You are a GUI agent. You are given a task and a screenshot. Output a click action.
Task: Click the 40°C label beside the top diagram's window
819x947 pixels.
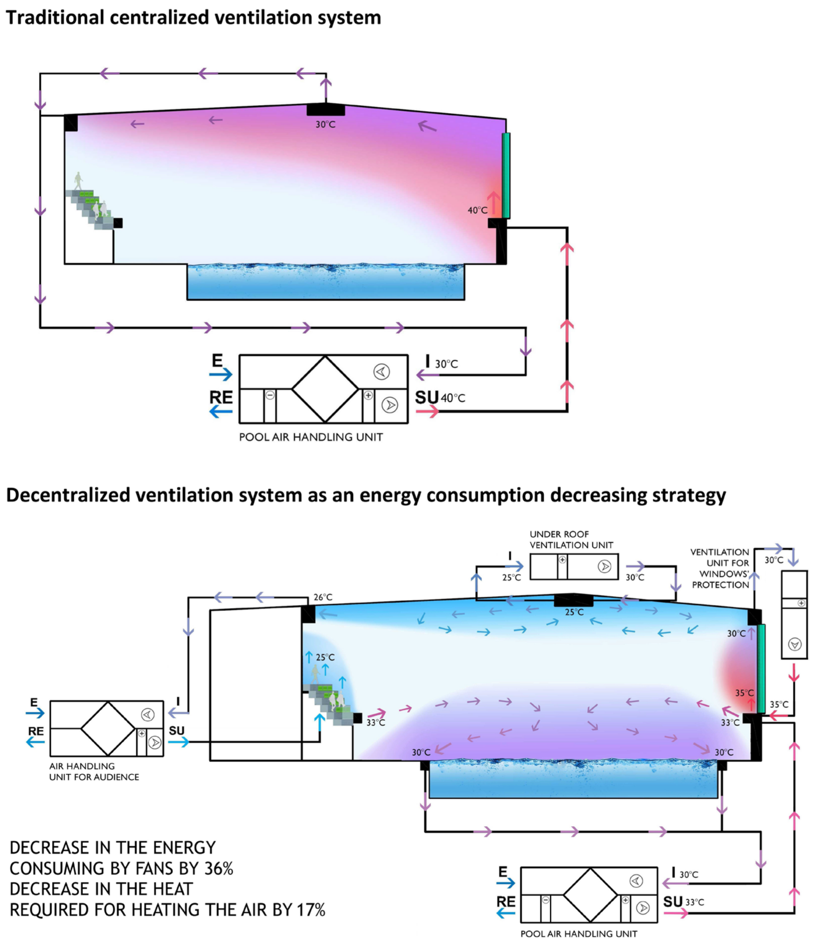point(477,210)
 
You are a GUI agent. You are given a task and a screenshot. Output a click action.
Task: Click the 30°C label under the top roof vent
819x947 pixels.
point(325,124)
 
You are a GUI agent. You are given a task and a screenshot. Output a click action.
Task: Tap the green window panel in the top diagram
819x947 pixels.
point(506,175)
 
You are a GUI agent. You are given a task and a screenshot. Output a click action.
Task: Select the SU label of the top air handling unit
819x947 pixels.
point(426,397)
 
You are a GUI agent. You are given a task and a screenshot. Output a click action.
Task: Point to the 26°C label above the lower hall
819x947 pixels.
point(323,597)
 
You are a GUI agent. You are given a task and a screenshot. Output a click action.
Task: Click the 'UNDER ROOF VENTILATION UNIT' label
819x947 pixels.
point(571,540)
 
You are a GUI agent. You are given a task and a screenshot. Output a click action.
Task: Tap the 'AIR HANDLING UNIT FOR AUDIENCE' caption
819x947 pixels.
point(94,771)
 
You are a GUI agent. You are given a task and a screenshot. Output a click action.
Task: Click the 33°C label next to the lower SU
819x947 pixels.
point(694,903)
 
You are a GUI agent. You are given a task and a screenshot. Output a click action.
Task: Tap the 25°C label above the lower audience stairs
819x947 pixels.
point(325,657)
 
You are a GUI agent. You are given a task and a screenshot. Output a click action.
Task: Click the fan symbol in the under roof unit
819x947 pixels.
point(604,567)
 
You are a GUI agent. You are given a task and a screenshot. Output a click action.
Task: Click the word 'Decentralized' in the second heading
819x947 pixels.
point(68,495)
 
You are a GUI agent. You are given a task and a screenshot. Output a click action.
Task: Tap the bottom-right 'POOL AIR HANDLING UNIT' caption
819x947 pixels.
point(579,934)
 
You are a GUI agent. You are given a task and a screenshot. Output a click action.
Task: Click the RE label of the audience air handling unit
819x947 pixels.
point(36,731)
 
